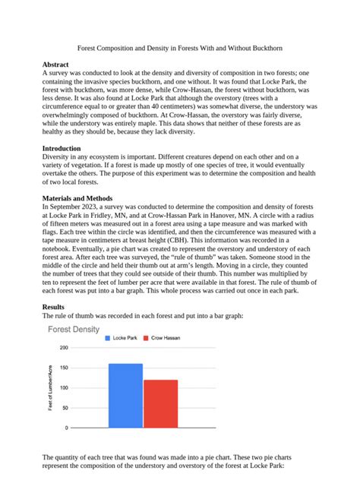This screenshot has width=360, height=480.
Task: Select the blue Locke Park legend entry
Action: tap(123, 337)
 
